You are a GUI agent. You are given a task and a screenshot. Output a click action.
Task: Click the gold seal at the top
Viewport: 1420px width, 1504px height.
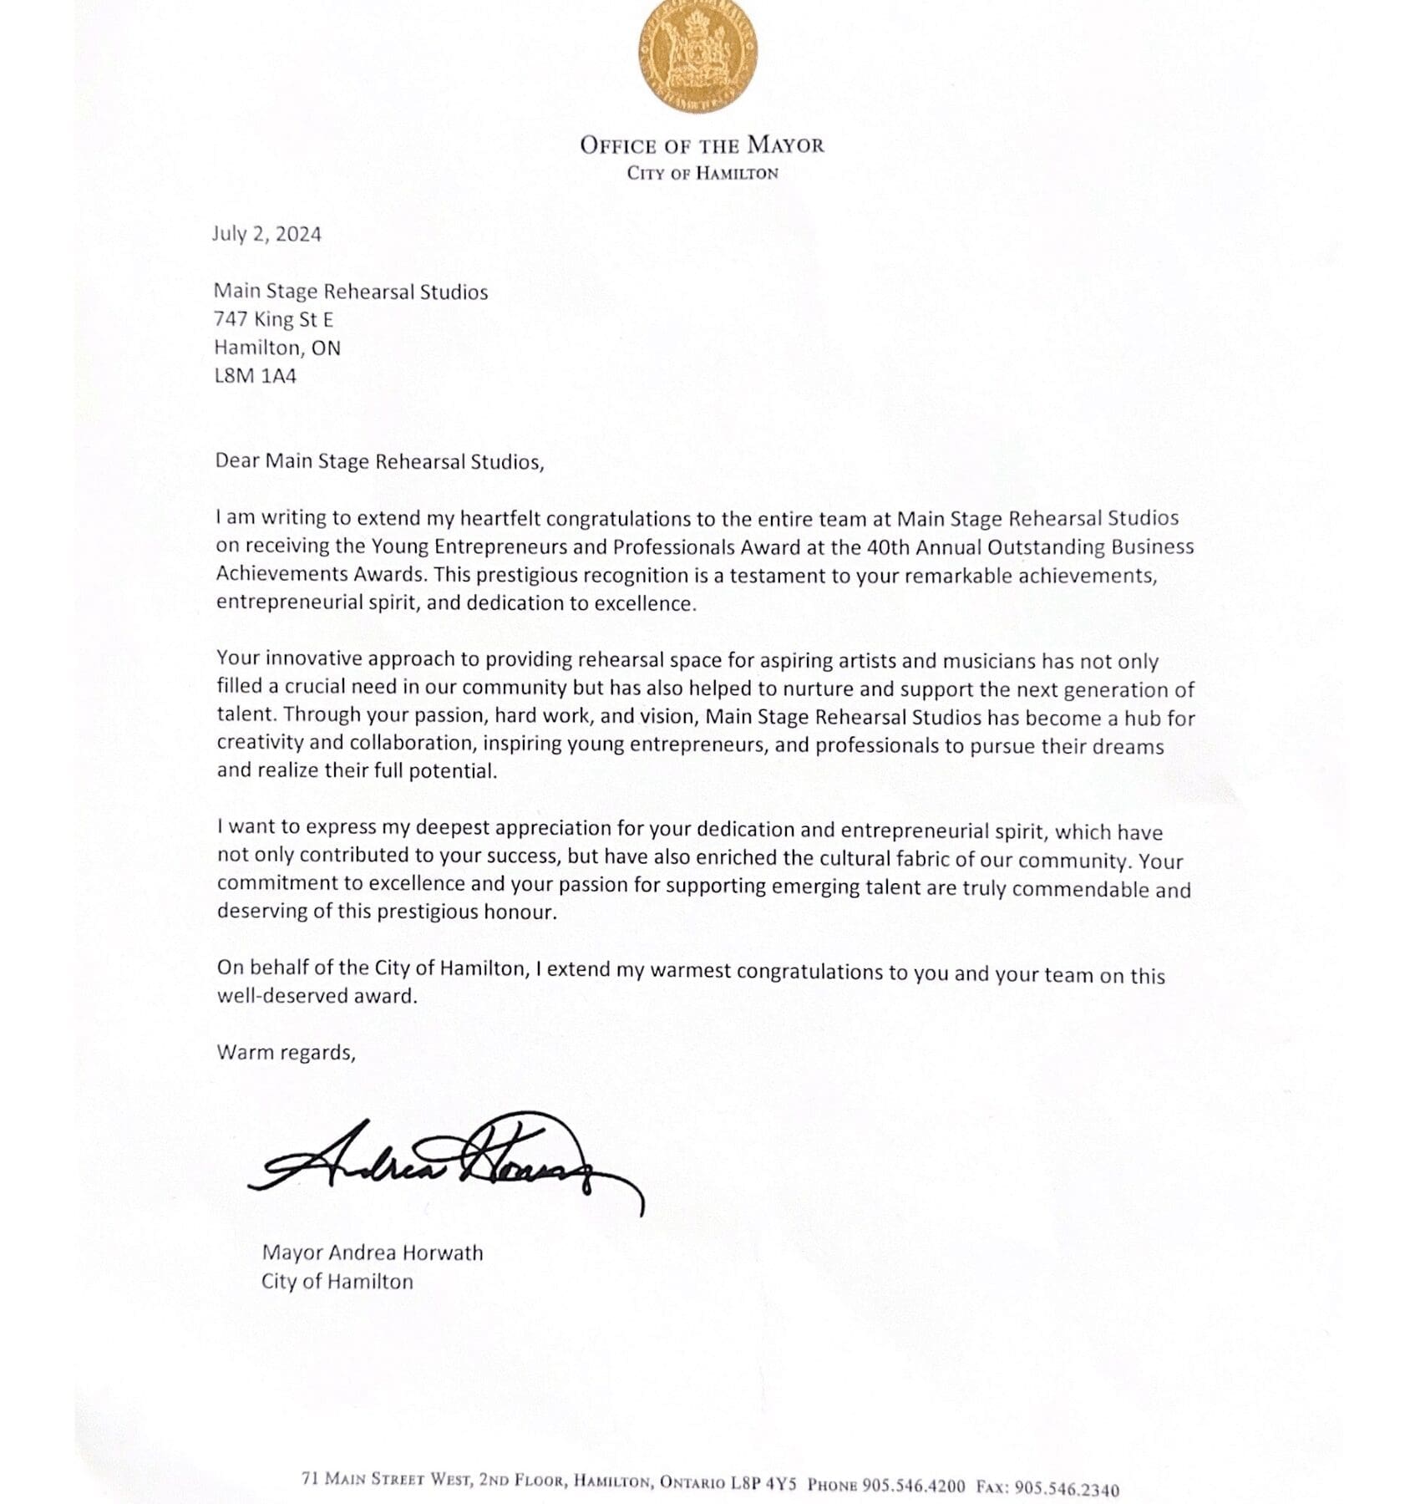pos(699,58)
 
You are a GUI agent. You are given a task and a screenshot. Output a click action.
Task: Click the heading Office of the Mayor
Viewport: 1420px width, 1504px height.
pos(702,145)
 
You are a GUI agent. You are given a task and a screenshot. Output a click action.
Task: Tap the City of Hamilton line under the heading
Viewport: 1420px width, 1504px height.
pos(702,174)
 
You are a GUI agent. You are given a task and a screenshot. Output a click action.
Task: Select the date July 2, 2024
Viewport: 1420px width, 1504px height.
pos(266,234)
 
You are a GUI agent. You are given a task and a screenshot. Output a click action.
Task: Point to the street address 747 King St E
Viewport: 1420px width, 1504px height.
pos(274,319)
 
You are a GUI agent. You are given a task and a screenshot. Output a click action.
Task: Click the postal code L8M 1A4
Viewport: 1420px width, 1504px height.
pos(256,376)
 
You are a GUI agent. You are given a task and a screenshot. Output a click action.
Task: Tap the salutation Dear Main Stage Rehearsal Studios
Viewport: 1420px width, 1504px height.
pos(379,462)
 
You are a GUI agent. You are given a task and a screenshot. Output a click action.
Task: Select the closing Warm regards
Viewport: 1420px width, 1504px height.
pos(286,1052)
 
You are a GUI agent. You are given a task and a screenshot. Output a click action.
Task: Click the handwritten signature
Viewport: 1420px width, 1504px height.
pos(443,1161)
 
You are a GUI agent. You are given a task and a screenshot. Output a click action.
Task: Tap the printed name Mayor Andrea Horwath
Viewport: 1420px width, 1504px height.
pos(373,1253)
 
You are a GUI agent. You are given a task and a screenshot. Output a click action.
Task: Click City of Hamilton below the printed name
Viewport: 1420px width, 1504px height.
pos(337,1282)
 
